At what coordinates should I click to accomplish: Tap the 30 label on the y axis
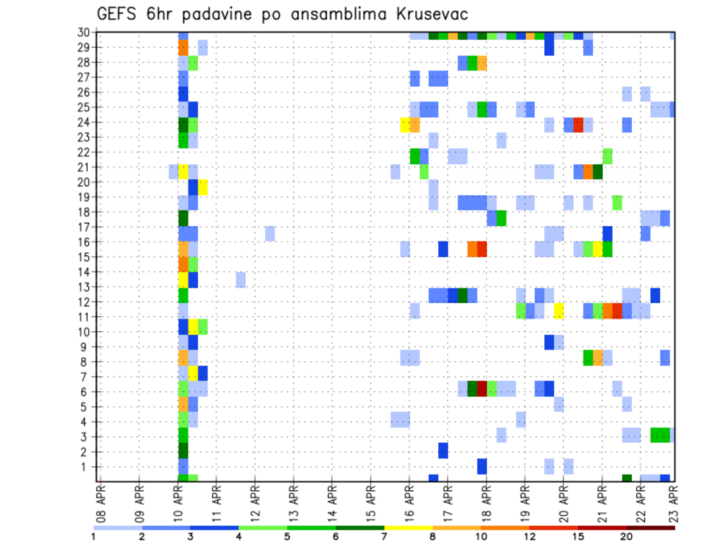[x=85, y=32]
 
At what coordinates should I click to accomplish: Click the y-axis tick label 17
[x=85, y=227]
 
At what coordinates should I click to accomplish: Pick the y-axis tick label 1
[x=88, y=467]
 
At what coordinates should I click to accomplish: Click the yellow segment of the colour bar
[x=408, y=528]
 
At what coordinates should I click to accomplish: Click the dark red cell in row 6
[x=482, y=388]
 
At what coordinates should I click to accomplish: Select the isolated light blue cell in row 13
[x=241, y=280]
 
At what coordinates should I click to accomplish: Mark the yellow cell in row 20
[x=203, y=188]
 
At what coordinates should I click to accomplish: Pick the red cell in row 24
[x=579, y=124]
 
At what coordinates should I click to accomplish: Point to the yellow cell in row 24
[x=405, y=124]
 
